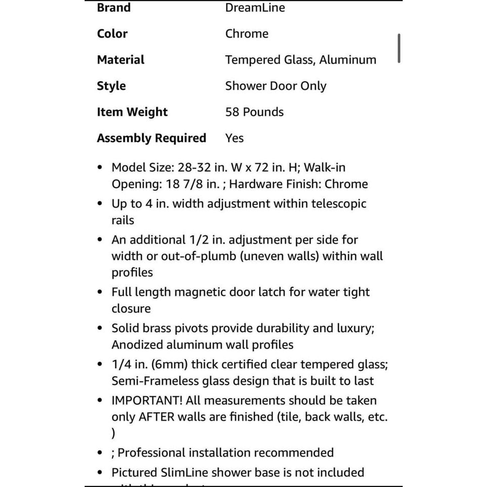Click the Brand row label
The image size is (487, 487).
(x=114, y=7)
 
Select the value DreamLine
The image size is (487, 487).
(x=255, y=7)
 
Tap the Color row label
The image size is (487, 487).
(x=112, y=34)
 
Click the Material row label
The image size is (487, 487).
(x=120, y=60)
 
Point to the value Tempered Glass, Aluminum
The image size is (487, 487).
(x=300, y=60)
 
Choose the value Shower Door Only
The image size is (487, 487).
(x=275, y=86)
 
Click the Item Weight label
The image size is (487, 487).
(x=132, y=112)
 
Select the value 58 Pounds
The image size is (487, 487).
(x=254, y=112)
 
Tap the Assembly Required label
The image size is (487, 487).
(x=151, y=138)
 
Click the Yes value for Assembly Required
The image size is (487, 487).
(x=234, y=138)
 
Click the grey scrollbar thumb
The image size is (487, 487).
(x=399, y=48)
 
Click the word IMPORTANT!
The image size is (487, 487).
(x=147, y=400)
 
